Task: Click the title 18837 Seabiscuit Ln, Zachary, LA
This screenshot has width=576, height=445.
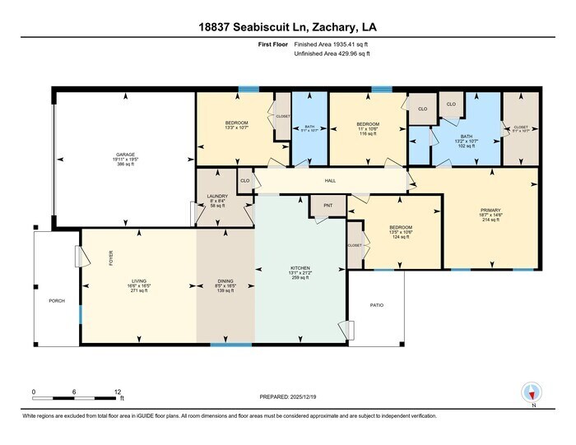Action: pyautogui.click(x=288, y=27)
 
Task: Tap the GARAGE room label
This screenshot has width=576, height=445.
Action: pyautogui.click(x=125, y=155)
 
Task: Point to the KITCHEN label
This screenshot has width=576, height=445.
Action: pyautogui.click(x=300, y=267)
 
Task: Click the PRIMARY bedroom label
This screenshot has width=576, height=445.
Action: pyautogui.click(x=490, y=210)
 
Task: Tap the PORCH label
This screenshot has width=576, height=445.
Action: pyautogui.click(x=56, y=299)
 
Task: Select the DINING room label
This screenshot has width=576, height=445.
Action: pyautogui.click(x=225, y=281)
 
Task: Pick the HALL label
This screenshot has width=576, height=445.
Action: pyautogui.click(x=333, y=180)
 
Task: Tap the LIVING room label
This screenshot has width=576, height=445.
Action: pyautogui.click(x=138, y=281)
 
